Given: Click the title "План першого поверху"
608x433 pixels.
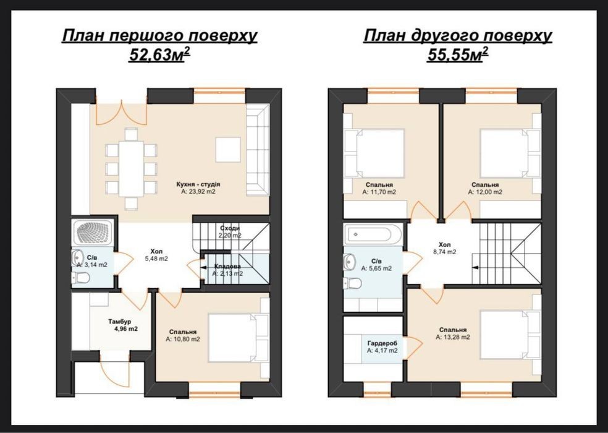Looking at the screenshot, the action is (159, 36).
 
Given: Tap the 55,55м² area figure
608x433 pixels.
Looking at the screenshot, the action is (458, 55).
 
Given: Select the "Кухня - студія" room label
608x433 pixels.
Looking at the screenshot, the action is (198, 184).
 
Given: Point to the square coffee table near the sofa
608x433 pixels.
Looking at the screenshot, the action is (229, 150).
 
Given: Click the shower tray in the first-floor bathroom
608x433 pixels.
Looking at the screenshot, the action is (93, 233).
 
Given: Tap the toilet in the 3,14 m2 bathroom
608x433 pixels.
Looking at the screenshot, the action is (81, 278).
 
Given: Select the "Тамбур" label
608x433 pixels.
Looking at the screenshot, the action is (119, 322).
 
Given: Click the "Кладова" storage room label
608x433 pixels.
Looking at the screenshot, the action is (227, 267).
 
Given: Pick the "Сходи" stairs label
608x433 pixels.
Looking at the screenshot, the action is (230, 228).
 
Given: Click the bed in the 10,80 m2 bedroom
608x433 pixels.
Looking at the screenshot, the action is (238, 338).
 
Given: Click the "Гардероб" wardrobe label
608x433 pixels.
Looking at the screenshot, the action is (382, 343).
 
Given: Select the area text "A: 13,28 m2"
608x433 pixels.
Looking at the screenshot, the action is (453, 337).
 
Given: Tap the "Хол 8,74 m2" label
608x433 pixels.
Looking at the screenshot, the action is (445, 248).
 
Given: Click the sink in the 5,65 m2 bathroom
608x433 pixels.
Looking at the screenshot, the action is (349, 262).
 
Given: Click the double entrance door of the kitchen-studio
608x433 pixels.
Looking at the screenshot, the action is (122, 113).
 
